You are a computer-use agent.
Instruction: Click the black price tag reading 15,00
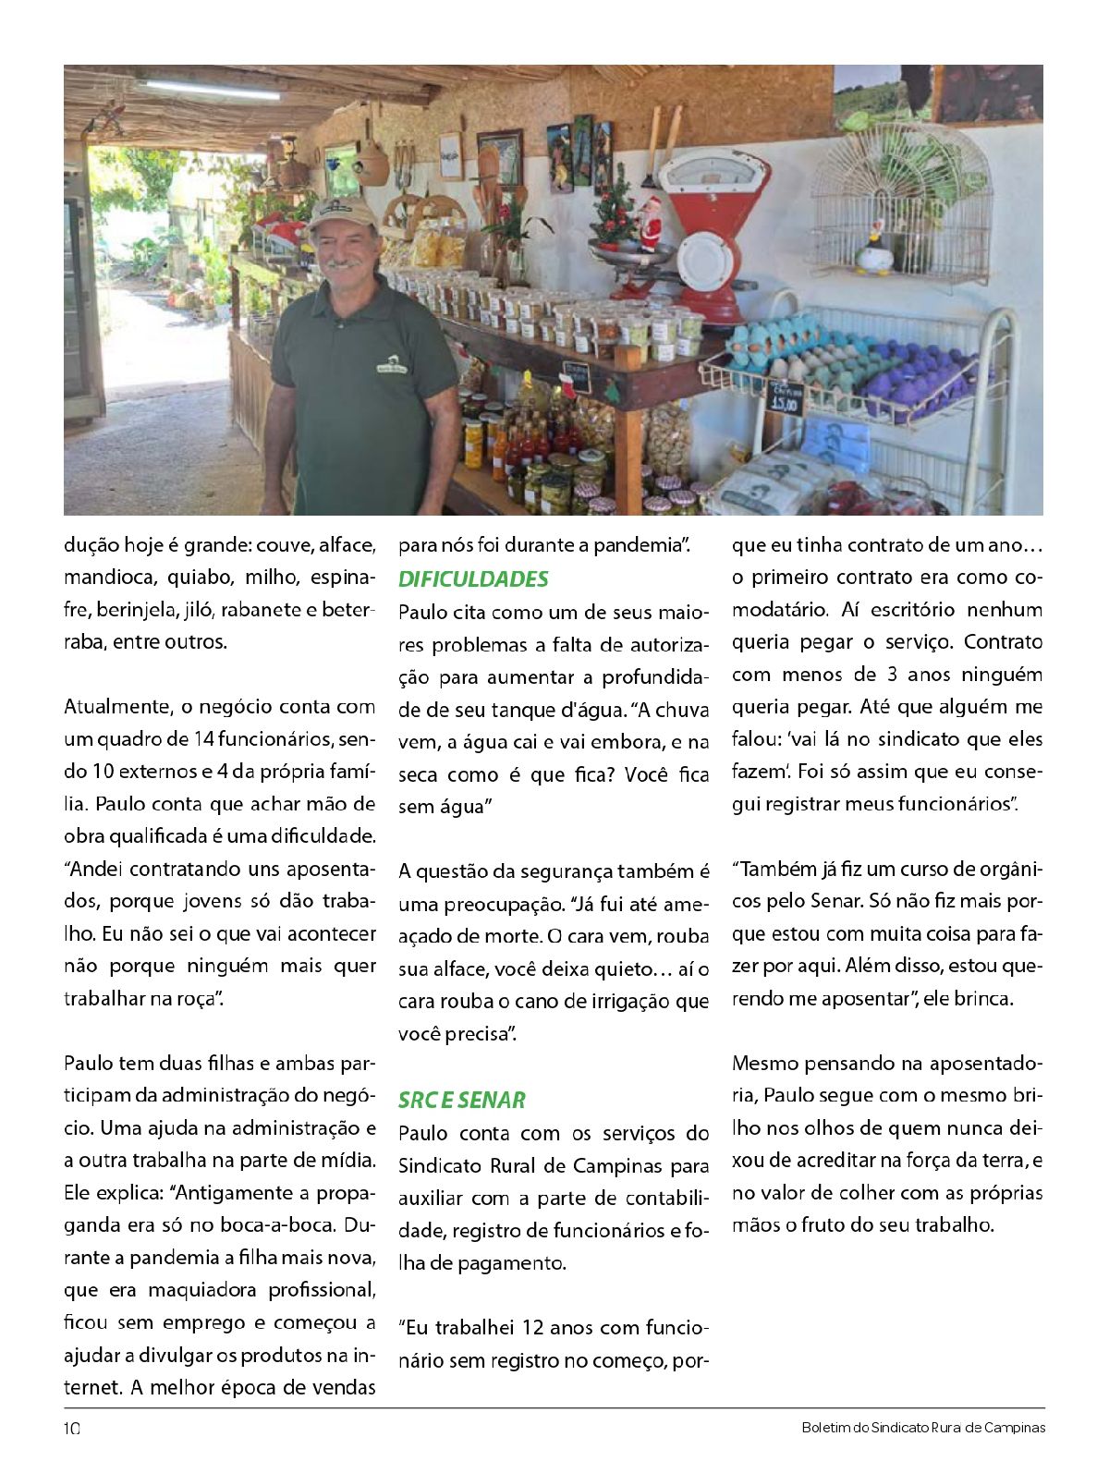tap(786, 397)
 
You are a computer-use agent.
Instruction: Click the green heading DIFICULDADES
tap(473, 579)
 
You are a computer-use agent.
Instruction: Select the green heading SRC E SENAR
tap(462, 1100)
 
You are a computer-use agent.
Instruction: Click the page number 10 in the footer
tap(72, 1428)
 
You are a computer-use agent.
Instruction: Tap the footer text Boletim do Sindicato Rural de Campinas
tap(924, 1428)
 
